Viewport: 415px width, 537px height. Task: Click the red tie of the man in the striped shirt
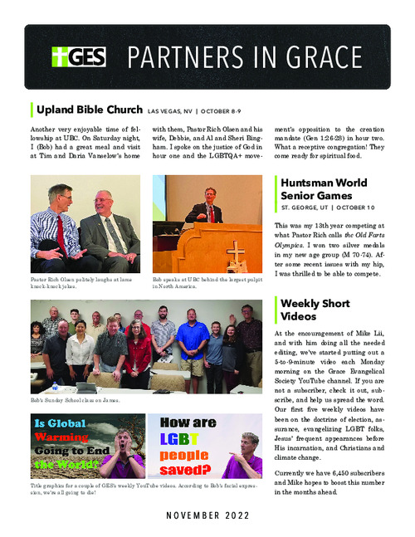pos(60,232)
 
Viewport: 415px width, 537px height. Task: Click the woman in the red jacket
pos(136,357)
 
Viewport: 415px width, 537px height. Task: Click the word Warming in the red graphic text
pos(65,437)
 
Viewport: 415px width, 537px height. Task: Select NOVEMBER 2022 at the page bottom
pos(207,515)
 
